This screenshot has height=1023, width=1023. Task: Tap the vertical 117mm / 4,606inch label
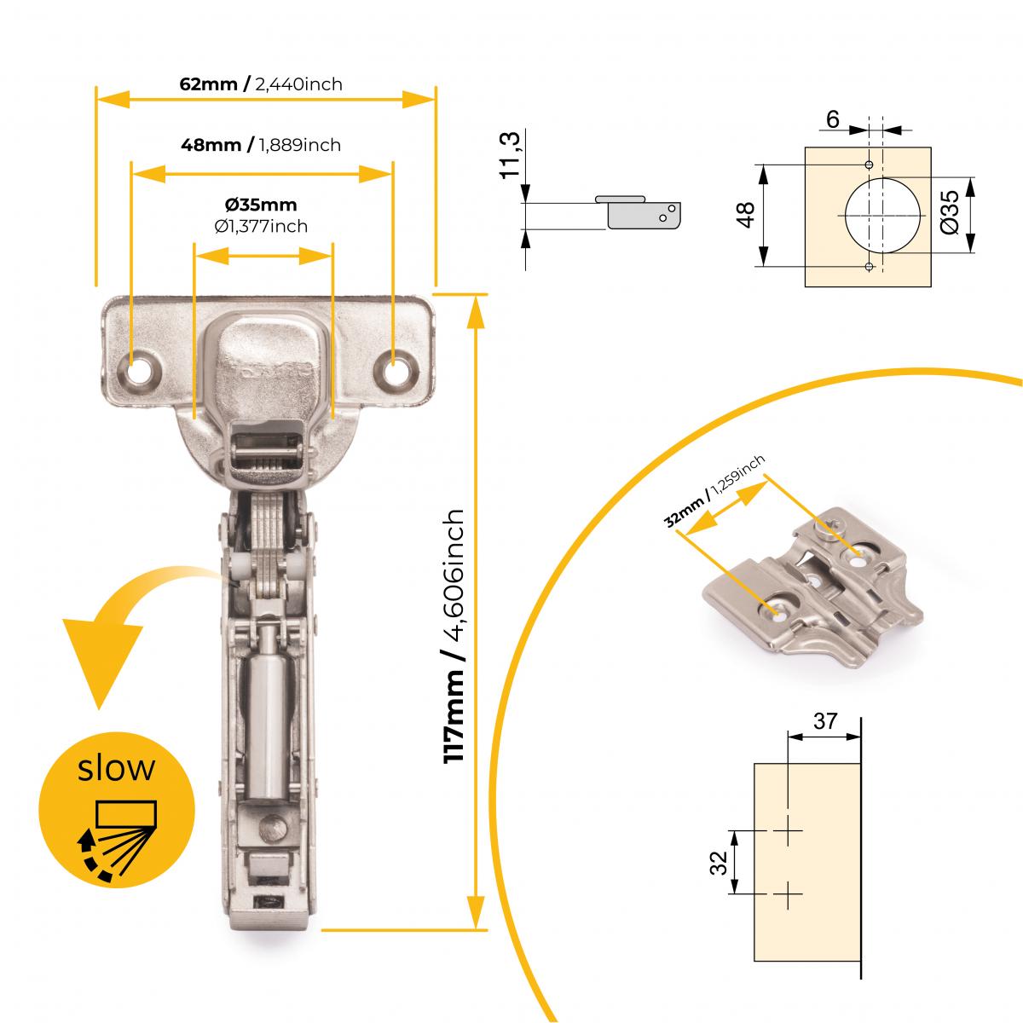pos(456,635)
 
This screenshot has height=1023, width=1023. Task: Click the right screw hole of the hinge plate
pos(395,370)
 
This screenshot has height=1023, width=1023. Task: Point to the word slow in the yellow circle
pos(116,768)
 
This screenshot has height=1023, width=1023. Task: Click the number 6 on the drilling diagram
pos(832,120)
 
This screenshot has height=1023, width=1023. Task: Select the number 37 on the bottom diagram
pos(824,722)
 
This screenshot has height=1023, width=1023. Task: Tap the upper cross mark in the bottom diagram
pos(789,830)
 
